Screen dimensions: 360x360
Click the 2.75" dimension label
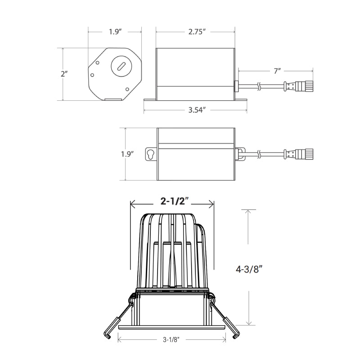click(x=197, y=31)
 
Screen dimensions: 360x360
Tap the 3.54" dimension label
click(x=197, y=110)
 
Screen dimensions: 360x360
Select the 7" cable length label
click(x=277, y=71)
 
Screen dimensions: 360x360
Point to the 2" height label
click(x=64, y=74)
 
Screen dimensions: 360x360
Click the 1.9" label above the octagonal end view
click(x=115, y=31)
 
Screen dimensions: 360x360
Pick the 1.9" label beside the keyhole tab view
click(x=127, y=154)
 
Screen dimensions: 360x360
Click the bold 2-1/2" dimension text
click(x=175, y=201)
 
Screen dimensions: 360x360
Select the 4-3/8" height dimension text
click(x=249, y=269)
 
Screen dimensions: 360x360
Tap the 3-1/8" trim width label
click(x=171, y=340)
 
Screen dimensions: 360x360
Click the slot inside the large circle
click(x=121, y=66)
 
